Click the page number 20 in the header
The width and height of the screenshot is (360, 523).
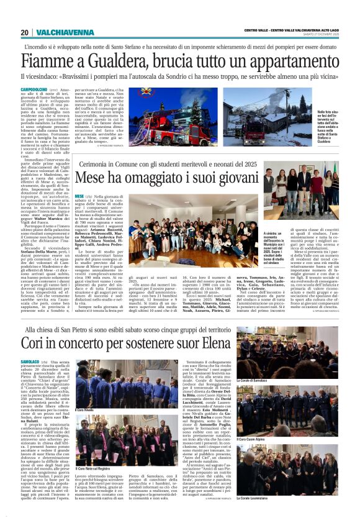pyautogui.click(x=24, y=32)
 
